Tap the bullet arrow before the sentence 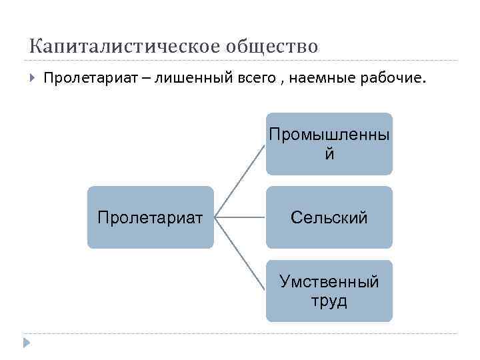coord(32,79)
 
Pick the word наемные coord(321,79)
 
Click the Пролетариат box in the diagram coord(150,217)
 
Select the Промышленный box coord(329,143)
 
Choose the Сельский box coord(329,217)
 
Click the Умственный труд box coord(329,291)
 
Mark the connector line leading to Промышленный coord(240,181)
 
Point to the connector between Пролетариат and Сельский coord(240,217)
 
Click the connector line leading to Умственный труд coord(240,254)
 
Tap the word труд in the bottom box coord(329,301)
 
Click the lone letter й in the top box coord(329,154)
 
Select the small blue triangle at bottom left coord(25,343)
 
